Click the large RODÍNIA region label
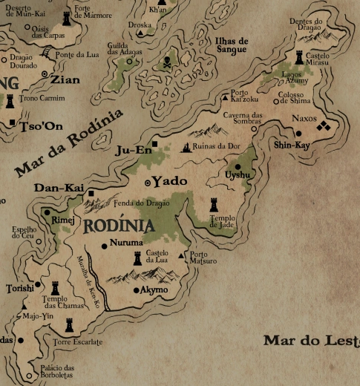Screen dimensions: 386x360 120,226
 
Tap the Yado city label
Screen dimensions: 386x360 170,180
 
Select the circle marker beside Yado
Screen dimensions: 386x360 148,181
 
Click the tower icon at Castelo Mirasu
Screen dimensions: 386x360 299,56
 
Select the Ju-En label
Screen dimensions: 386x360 134,151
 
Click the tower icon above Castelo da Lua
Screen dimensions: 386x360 137,258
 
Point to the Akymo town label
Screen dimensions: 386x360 154,289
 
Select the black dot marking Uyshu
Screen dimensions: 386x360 238,166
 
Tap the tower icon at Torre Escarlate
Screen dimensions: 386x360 70,325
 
